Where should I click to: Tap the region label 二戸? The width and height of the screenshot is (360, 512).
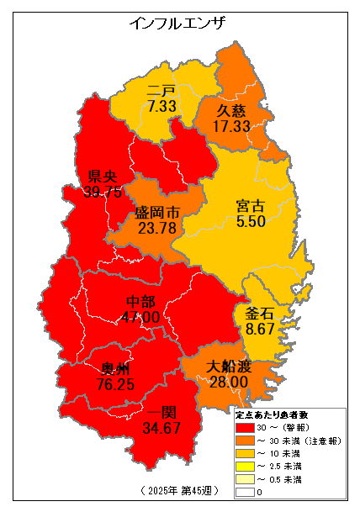click(161, 92)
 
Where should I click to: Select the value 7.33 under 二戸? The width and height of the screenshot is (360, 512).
click(161, 107)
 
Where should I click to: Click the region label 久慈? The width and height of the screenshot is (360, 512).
click(231, 111)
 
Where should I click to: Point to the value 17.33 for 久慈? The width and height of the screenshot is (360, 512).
click(231, 126)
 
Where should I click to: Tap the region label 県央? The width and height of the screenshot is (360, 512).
click(103, 177)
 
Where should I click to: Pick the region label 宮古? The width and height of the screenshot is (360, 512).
click(251, 206)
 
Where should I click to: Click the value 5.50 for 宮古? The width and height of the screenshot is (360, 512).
click(251, 222)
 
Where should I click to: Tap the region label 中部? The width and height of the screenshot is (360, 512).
click(140, 302)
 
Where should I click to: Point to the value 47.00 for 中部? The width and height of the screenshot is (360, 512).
click(140, 317)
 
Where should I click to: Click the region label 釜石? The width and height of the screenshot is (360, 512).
click(260, 314)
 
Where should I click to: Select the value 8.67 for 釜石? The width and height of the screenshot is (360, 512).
click(260, 330)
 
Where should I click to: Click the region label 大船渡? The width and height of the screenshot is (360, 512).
click(228, 367)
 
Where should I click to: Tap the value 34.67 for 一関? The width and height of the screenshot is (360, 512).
click(161, 429)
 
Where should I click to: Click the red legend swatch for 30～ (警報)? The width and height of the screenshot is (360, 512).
click(244, 428)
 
